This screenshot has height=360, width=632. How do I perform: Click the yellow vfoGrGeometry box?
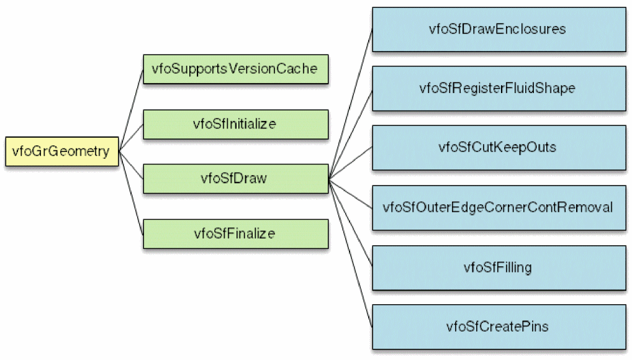click(x=61, y=151)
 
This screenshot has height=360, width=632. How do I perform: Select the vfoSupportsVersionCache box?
click(x=235, y=68)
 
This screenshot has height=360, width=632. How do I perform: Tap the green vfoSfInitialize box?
click(x=235, y=124)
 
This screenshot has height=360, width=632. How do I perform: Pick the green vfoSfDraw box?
click(x=235, y=179)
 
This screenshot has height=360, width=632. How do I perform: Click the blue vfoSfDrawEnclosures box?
click(x=499, y=29)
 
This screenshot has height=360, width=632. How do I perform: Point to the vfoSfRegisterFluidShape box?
click(x=499, y=88)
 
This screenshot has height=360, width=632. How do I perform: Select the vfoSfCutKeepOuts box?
click(x=499, y=147)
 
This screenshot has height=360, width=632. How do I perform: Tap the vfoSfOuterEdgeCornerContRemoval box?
click(x=499, y=207)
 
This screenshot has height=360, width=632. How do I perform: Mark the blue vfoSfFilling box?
click(x=499, y=266)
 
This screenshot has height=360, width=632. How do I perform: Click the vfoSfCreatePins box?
click(x=499, y=326)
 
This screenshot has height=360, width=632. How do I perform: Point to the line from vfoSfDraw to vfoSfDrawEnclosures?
click(x=351, y=103)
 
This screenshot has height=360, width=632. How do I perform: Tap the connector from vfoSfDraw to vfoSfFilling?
click(x=351, y=223)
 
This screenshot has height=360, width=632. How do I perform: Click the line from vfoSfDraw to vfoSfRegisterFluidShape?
click(x=351, y=133)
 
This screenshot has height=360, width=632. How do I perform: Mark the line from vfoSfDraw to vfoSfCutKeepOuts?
click(x=351, y=163)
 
